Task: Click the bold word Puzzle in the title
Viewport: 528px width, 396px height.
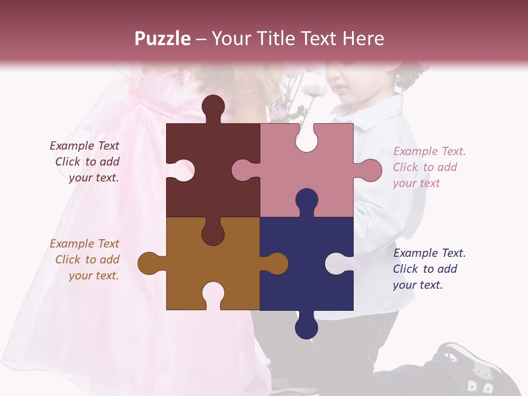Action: [163, 38]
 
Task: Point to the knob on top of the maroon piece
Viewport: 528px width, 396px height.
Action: [213, 107]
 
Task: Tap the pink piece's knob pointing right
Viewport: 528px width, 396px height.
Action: [369, 170]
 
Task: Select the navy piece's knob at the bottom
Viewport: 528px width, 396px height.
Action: [306, 327]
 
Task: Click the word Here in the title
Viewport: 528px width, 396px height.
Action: [363, 38]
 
